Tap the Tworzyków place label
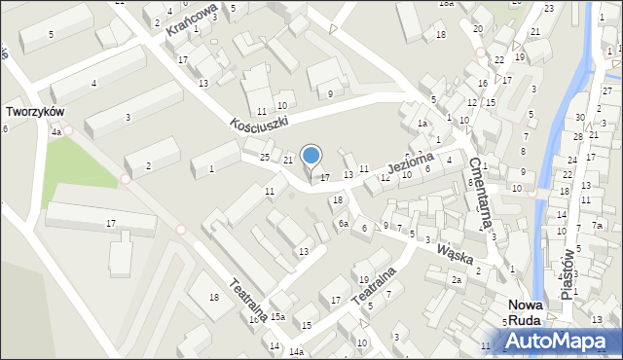pyautogui.click(x=35, y=112)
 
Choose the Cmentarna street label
pyautogui.click(x=480, y=195)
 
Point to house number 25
pyautogui.click(x=265, y=157)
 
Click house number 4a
pyautogui.click(x=56, y=131)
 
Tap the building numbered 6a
pyautogui.click(x=343, y=224)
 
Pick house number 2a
pyautogui.click(x=456, y=280)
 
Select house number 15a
pyautogui.click(x=277, y=316)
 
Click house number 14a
pyautogui.click(x=295, y=350)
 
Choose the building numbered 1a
pyautogui.click(x=421, y=124)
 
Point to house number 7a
pyautogui.click(x=598, y=226)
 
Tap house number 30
pyautogui.click(x=579, y=118)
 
